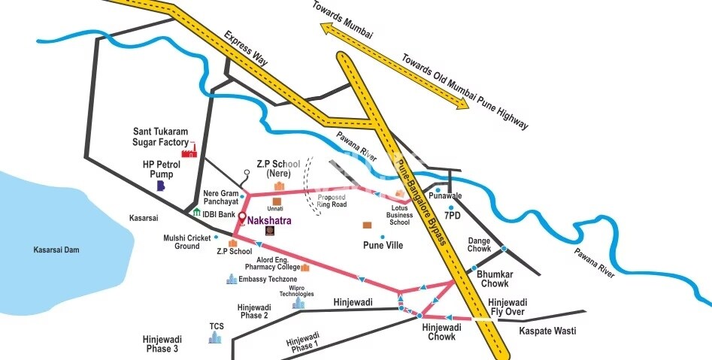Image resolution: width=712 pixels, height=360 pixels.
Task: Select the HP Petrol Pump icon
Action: click(x=159, y=185)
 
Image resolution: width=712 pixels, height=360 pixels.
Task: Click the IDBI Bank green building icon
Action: click(x=196, y=213)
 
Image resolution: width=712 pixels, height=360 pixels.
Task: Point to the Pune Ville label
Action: click(x=384, y=245)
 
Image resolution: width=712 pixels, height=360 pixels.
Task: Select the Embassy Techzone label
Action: click(x=268, y=280)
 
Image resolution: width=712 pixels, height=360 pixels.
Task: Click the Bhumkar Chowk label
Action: click(x=494, y=279)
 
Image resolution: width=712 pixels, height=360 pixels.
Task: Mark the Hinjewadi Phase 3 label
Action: click(x=160, y=344)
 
